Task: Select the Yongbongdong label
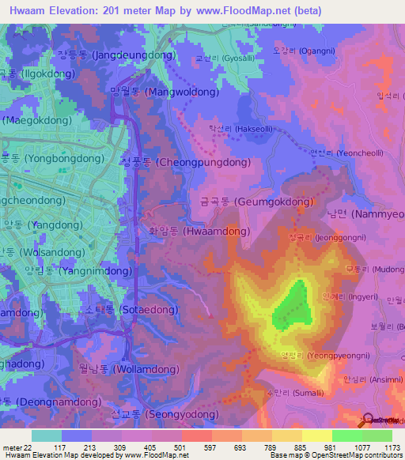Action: coord(52,158)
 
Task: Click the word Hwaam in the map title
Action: coord(24,11)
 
